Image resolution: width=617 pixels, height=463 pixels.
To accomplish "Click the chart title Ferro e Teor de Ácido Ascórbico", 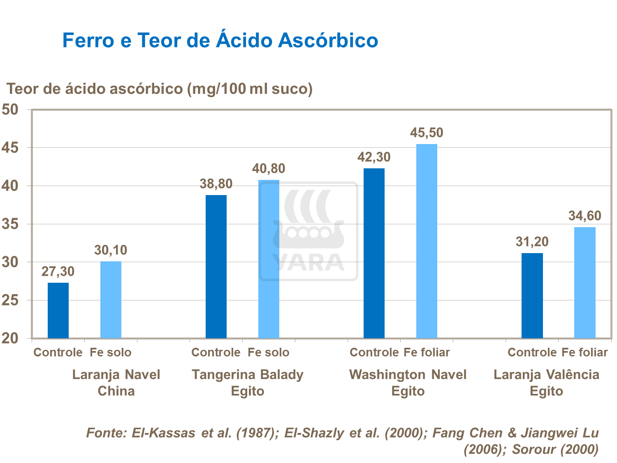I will pyautogui.click(x=220, y=40).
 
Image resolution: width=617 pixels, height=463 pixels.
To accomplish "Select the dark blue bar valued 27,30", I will pyautogui.click(x=58, y=310).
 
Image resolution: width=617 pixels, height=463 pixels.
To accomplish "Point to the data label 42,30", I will pyautogui.click(x=374, y=157).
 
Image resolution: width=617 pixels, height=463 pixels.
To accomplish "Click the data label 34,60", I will pyautogui.click(x=585, y=216).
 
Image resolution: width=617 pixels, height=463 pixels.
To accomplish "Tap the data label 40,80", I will pyautogui.click(x=269, y=168).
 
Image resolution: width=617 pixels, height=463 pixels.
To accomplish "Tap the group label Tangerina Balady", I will pyautogui.click(x=247, y=375).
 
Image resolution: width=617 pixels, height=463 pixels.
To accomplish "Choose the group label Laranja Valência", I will pyautogui.click(x=546, y=375).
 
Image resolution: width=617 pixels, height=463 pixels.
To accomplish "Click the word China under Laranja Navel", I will pyautogui.click(x=116, y=391).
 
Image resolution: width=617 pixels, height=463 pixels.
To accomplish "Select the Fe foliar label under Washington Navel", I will pyautogui.click(x=427, y=352).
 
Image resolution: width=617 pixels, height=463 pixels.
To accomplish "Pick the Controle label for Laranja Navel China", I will pyautogui.click(x=58, y=352).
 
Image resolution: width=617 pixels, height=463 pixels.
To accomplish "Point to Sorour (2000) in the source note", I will pyautogui.click(x=555, y=449).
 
